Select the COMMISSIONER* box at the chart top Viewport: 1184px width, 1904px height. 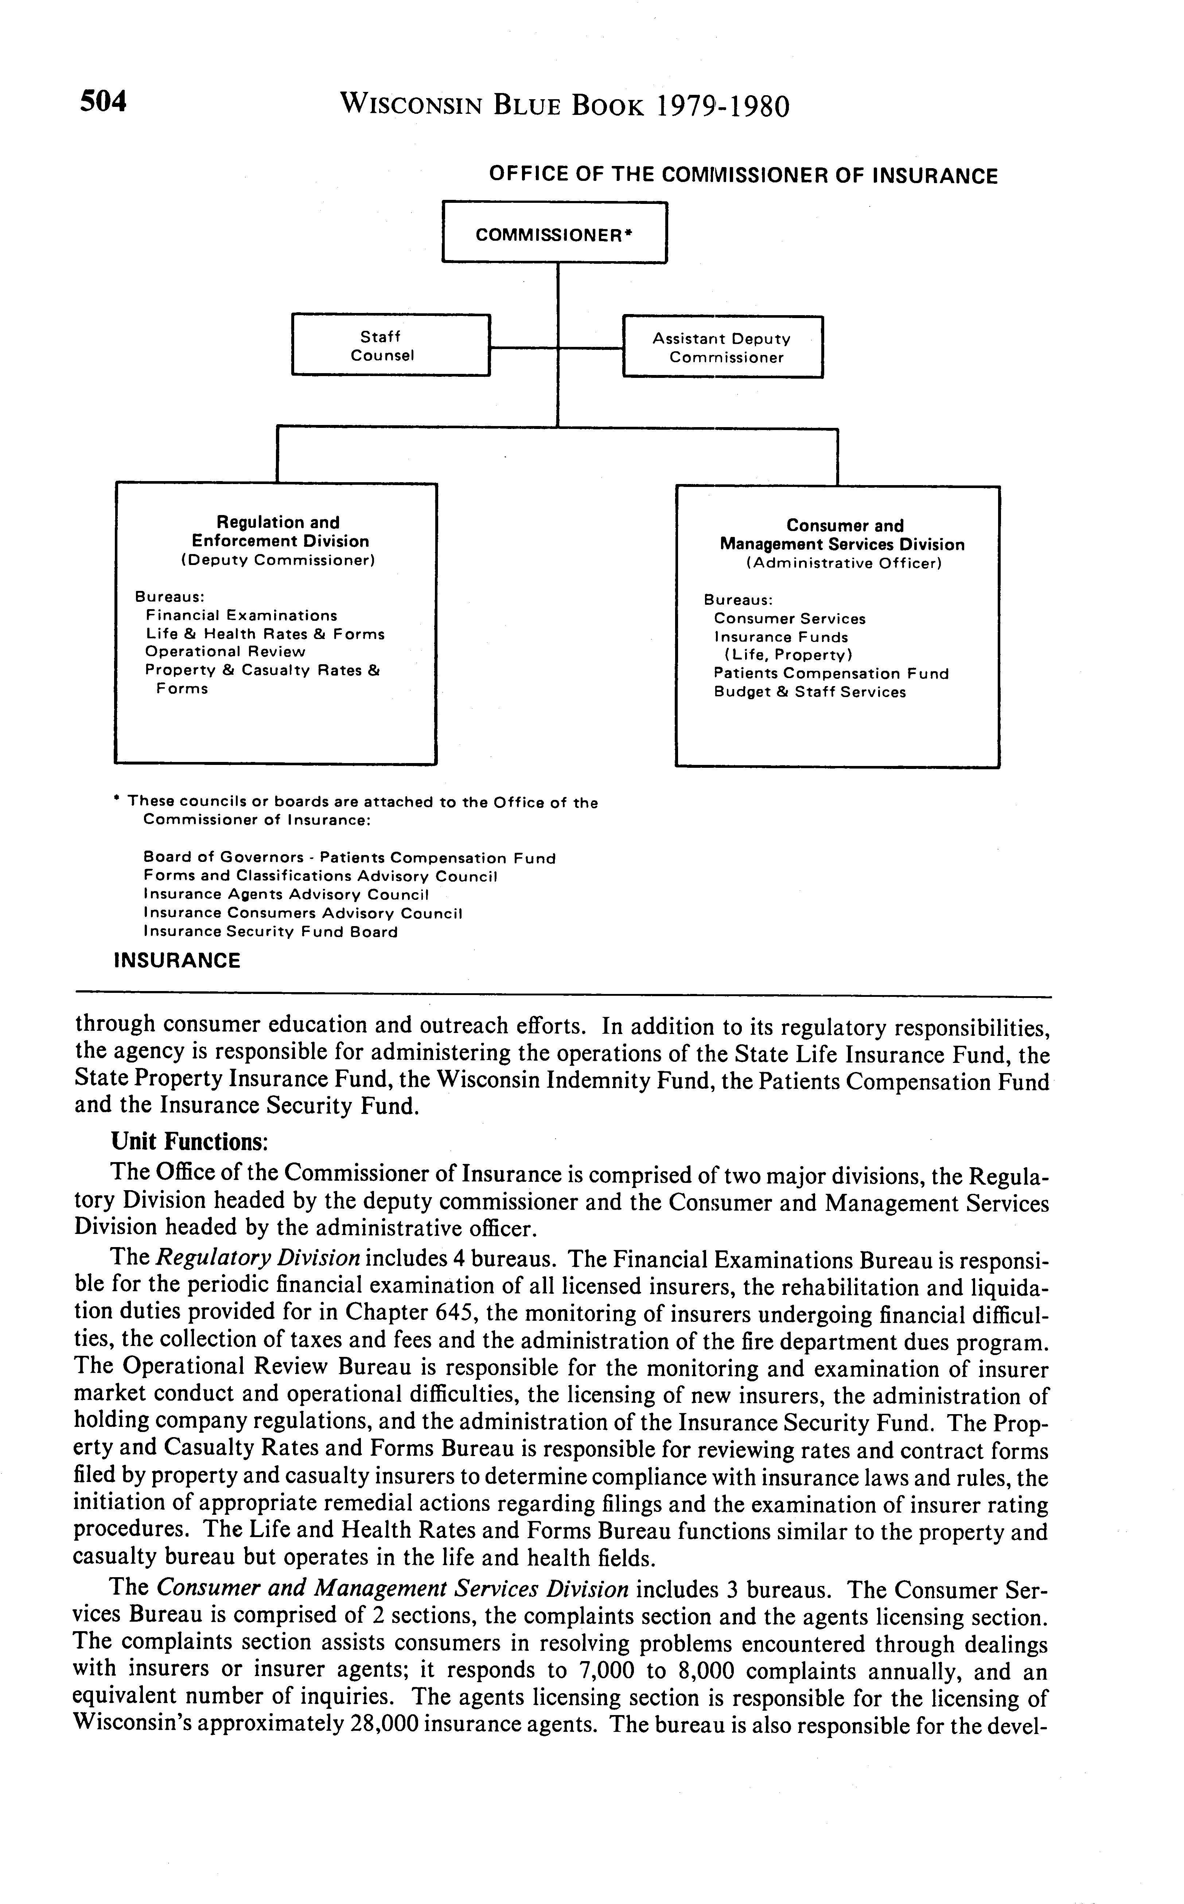pos(554,233)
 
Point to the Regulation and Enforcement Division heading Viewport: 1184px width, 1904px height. pos(279,532)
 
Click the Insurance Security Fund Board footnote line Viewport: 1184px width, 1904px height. pos(270,932)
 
